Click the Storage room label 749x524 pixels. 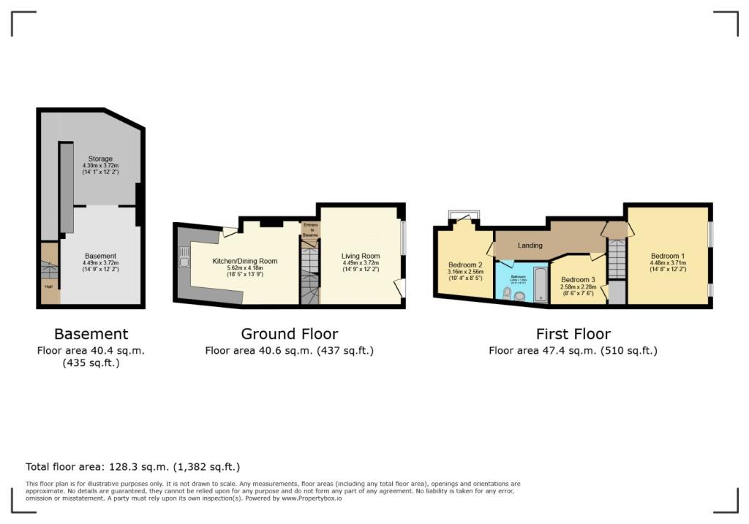[x=100, y=159]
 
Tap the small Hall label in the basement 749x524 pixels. [x=48, y=286]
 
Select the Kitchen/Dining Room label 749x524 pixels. [x=244, y=261]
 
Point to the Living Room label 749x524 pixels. [x=361, y=257]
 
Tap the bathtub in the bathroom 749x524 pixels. [x=540, y=284]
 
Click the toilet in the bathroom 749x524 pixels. [x=508, y=292]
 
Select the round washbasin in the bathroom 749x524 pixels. [x=519, y=296]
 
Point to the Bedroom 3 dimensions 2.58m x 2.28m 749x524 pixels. [x=578, y=288]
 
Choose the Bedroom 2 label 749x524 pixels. [x=465, y=265]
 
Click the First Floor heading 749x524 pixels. [x=573, y=334]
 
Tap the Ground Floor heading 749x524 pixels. [x=289, y=334]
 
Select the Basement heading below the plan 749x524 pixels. [x=91, y=334]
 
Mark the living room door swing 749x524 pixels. [x=399, y=289]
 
